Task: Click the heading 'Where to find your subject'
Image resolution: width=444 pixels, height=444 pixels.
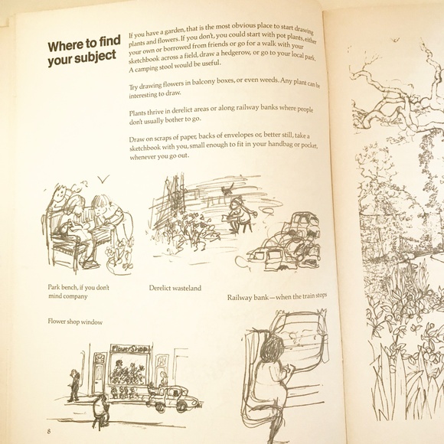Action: pos(84,51)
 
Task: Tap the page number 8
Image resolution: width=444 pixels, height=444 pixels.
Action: pos(49,431)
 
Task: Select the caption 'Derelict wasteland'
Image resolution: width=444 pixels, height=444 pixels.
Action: pos(175,288)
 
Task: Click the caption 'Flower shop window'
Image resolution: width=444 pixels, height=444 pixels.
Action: pos(75,322)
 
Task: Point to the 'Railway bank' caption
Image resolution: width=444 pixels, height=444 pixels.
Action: pos(277,297)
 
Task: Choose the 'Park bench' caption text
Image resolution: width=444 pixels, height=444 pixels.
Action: pos(78,292)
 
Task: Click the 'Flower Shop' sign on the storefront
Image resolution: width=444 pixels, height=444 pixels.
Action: pos(129,349)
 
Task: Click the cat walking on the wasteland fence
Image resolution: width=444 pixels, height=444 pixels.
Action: pos(228,189)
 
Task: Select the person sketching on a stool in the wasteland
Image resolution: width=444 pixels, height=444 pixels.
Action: pos(240,215)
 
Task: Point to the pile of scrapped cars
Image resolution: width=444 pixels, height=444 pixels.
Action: pos(286,241)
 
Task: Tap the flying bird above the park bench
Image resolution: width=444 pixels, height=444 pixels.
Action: pos(103,178)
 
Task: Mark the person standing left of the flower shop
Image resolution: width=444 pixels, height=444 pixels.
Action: pos(74,385)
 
